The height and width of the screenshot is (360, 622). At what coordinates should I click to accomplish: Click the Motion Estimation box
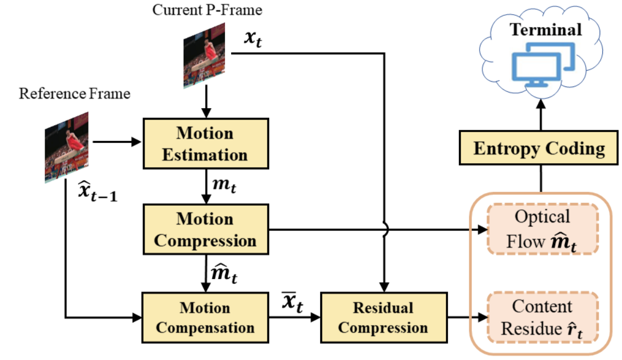coord(206,144)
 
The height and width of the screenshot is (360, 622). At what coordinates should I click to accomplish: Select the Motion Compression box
coord(206,229)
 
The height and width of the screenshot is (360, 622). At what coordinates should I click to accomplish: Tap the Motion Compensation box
coord(206,318)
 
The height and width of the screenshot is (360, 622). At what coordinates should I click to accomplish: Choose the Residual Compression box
coord(384,318)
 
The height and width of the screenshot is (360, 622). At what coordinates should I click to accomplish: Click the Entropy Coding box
coord(539,148)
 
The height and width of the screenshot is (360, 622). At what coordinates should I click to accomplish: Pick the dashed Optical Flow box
coord(542,229)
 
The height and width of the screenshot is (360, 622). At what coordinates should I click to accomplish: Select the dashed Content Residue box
coord(542,318)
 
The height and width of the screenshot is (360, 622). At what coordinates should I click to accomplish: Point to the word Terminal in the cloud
coord(546,29)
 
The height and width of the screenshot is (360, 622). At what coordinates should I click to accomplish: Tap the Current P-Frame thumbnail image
coord(204,55)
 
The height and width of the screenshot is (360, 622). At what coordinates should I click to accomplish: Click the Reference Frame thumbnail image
coord(67,147)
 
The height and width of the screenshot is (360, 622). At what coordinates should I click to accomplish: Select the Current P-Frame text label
coord(207,10)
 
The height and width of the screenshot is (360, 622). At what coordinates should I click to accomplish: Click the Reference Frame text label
coord(74,94)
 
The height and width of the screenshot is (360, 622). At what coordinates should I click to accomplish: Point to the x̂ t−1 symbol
coord(97,191)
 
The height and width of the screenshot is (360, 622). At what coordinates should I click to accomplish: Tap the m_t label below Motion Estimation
coord(224,185)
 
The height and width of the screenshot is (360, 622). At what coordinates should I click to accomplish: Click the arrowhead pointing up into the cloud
coord(540,104)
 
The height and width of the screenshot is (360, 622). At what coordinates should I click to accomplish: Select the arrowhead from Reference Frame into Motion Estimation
coord(136,142)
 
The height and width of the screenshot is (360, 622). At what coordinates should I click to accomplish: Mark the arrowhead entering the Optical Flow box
coord(483,229)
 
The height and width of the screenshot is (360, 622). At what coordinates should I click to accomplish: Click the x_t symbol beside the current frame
coord(253,39)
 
